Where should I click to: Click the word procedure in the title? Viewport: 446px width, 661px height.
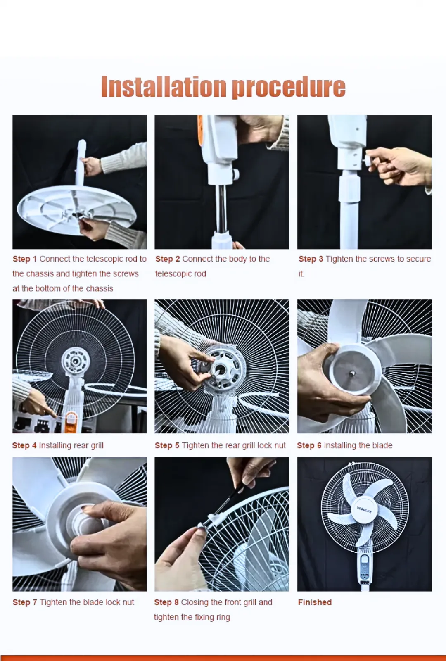pos(289,87)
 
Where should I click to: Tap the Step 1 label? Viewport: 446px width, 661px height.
pos(25,259)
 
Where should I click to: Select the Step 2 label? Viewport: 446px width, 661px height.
pos(168,259)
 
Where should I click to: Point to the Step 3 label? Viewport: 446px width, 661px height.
pos(311,259)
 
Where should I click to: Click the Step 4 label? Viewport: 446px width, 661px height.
pos(24,445)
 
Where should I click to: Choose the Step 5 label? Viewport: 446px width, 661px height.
pos(167,445)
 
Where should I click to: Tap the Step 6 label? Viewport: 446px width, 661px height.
pos(309,445)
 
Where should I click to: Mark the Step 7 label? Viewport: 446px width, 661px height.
pos(25,602)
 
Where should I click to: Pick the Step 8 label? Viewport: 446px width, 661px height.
pos(166,602)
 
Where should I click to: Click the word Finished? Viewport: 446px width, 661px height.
pos(315,602)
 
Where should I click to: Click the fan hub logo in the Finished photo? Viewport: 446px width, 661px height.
pos(364,510)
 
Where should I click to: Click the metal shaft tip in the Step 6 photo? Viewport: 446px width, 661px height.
pos(353,374)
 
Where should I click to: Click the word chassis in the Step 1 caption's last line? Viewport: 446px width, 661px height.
pos(100,288)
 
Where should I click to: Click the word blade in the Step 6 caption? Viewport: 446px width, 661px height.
pos(382,445)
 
